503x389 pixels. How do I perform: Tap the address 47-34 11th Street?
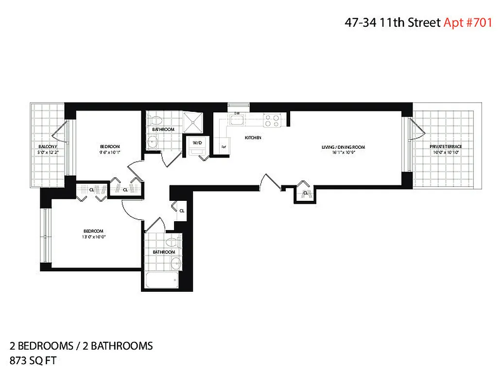(x=393, y=22)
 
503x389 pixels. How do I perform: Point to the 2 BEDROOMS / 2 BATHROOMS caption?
(x=81, y=346)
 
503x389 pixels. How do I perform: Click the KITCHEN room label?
(x=253, y=138)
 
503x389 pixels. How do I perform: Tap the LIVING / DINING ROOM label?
(x=343, y=147)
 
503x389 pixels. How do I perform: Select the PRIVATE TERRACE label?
(x=445, y=147)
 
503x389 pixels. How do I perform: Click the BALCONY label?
(x=48, y=147)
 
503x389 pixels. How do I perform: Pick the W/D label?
(x=197, y=142)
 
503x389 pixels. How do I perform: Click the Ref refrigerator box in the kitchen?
(x=224, y=146)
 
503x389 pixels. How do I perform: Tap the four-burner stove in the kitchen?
(x=271, y=120)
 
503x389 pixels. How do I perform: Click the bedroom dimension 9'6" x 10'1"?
(x=110, y=152)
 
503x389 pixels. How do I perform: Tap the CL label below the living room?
(x=305, y=193)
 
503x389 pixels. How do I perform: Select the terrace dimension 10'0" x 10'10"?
(x=445, y=152)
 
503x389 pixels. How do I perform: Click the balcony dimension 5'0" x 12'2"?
(x=48, y=152)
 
